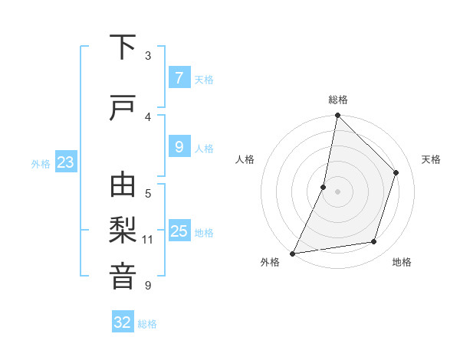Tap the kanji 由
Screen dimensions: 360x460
pos(123,186)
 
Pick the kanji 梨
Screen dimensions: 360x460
pos(123,231)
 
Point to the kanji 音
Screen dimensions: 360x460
pos(123,277)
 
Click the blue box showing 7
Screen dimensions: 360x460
pos(179,77)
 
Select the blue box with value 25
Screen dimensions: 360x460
pos(179,232)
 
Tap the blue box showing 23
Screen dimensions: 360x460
pos(65,162)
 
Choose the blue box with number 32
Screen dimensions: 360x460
pos(123,322)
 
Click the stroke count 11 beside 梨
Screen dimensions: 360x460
pos(148,240)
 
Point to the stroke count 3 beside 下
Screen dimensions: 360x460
pos(148,56)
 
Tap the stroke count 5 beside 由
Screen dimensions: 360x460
pos(148,194)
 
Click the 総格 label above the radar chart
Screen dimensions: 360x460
pos(337,100)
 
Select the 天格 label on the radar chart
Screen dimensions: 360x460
pos(431,159)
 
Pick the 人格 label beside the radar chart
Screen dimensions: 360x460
pos(245,159)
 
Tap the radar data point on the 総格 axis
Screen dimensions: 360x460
pos(337,115)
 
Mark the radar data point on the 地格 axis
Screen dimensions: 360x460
pos(374,242)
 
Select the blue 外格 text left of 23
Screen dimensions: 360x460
pos(41,163)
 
